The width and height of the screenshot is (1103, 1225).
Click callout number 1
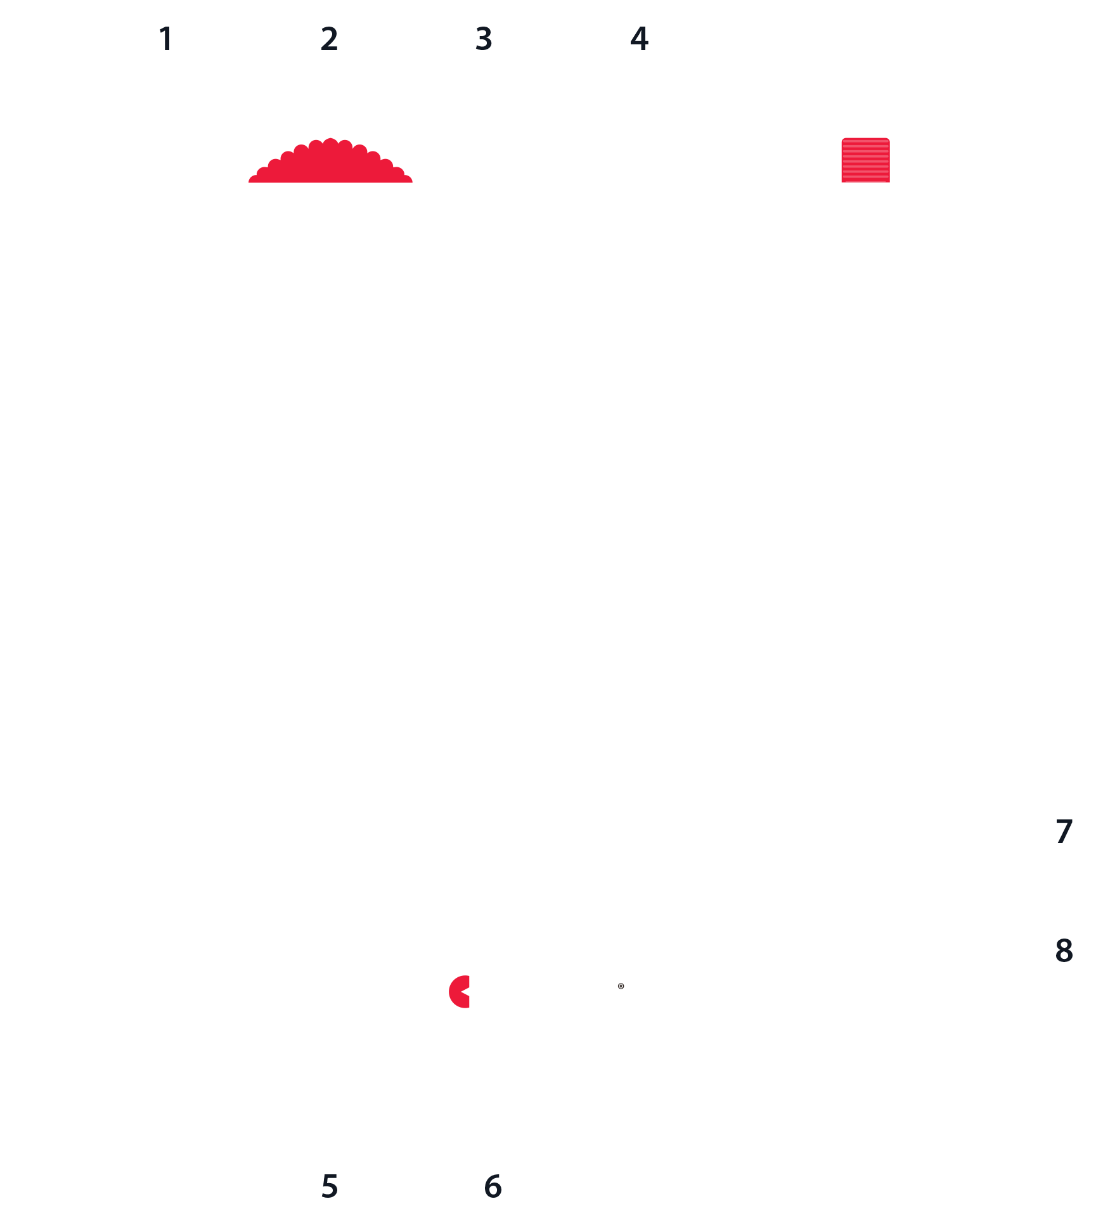click(x=166, y=39)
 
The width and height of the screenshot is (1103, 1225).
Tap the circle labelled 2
click(x=329, y=39)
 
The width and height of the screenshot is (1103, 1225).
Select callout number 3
click(x=484, y=39)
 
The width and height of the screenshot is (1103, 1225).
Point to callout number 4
click(x=639, y=39)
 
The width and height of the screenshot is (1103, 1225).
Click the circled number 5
click(x=329, y=1186)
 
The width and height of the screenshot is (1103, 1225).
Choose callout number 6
click(x=493, y=1186)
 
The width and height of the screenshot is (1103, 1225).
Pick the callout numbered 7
click(x=1064, y=831)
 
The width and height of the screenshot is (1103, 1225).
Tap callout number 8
click(x=1064, y=950)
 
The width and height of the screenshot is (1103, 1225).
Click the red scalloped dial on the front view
click(x=330, y=164)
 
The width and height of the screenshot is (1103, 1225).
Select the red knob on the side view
click(x=865, y=160)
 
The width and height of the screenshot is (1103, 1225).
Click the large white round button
click(x=569, y=335)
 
